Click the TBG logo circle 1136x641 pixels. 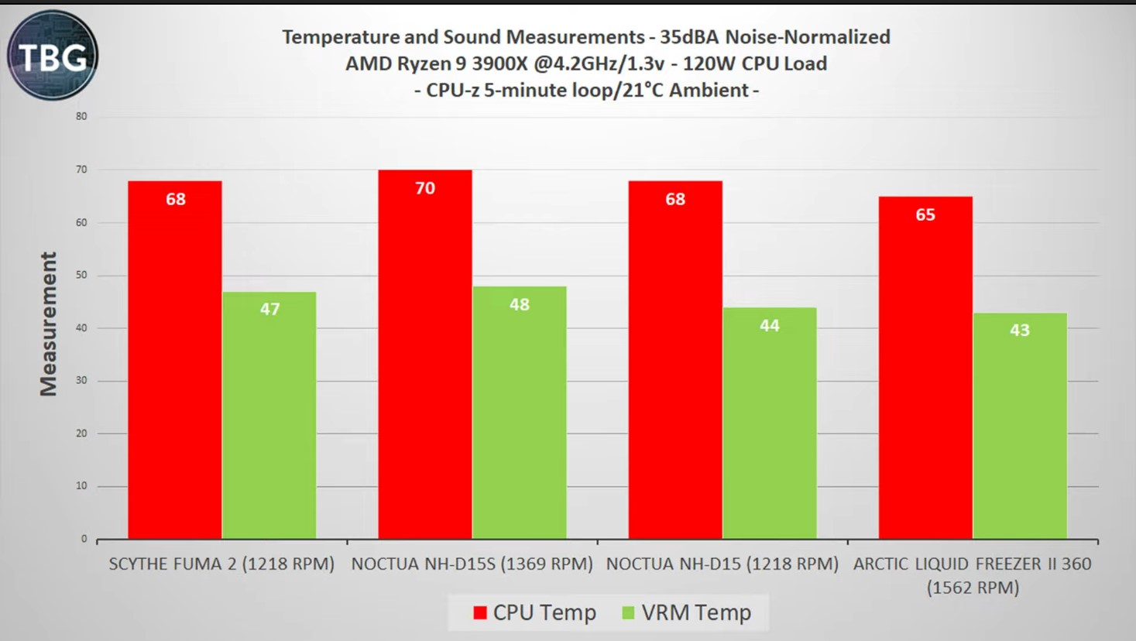pos(53,55)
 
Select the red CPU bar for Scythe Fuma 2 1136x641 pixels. pos(175,360)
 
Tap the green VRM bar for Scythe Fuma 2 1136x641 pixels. pos(269,416)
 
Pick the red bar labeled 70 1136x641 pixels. pos(425,355)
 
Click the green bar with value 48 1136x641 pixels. pos(520,413)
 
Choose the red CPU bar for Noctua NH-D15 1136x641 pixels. pos(675,360)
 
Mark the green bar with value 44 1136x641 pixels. pos(770,423)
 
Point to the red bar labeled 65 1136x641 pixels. pos(925,368)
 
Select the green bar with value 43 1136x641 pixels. pos(1020,426)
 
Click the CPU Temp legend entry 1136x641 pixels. pos(534,613)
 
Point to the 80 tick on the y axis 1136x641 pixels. pos(81,117)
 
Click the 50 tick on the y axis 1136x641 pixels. pos(81,276)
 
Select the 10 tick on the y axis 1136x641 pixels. pos(81,486)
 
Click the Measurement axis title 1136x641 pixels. pos(49,324)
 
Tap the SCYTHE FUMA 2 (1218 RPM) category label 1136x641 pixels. pos(221,564)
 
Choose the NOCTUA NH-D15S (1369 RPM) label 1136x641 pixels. pos(472,564)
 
